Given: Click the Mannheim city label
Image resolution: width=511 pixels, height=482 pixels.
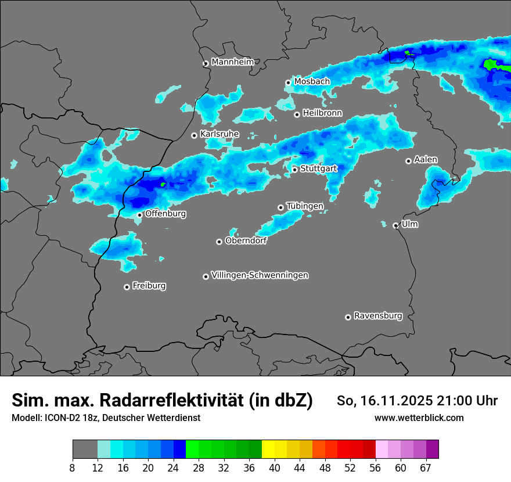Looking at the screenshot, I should [x=233, y=62].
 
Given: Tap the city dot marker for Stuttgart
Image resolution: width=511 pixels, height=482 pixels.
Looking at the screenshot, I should [x=295, y=170].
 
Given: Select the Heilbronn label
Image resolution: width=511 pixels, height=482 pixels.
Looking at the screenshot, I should [x=322, y=113].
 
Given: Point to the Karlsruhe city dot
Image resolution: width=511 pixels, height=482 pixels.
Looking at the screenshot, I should [x=195, y=135].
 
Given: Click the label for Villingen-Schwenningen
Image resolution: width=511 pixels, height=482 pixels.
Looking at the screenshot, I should [x=260, y=275].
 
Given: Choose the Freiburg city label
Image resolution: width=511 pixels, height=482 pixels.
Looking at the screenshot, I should [x=149, y=286].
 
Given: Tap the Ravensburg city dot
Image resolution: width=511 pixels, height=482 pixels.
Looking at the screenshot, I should [x=348, y=317].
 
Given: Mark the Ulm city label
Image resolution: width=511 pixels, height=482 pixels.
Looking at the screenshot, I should [x=409, y=224].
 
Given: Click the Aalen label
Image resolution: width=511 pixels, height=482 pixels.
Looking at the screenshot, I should [x=426, y=160].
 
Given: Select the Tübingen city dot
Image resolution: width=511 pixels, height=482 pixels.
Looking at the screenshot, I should [x=281, y=207].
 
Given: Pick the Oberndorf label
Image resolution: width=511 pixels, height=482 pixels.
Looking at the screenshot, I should [x=246, y=241].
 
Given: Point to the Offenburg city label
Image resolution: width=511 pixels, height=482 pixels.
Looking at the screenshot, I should [x=165, y=214].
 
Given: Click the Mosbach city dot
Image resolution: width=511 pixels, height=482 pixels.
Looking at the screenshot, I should [x=288, y=82].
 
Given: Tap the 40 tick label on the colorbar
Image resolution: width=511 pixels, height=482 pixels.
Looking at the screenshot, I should [x=275, y=467].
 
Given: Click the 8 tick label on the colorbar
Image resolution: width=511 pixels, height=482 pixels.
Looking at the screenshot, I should [x=72, y=467].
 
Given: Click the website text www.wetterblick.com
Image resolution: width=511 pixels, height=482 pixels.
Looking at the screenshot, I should [x=419, y=418].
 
